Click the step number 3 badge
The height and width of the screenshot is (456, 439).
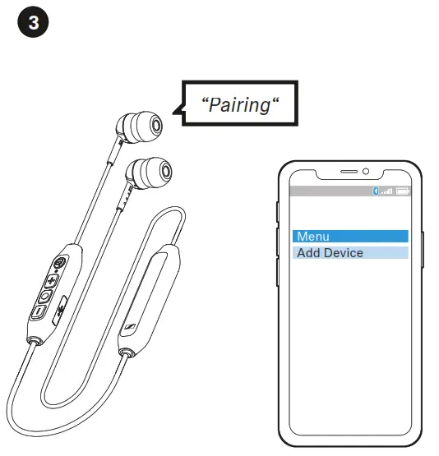point(33,22)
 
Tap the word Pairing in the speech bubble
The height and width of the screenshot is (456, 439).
point(240,105)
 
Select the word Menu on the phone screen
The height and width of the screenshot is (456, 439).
point(313,236)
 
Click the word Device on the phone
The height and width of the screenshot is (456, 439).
point(344,253)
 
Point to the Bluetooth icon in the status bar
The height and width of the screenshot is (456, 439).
point(376,191)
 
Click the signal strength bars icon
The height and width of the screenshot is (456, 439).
point(387,191)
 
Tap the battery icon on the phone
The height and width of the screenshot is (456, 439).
point(403,191)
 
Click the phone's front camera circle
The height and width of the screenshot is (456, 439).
point(366,171)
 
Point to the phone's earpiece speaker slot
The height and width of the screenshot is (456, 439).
point(349,172)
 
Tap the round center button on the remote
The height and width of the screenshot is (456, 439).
point(44,297)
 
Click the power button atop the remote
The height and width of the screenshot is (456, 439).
point(60,263)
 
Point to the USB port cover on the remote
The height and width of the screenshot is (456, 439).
point(60,311)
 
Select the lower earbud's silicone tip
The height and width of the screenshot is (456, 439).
point(153,173)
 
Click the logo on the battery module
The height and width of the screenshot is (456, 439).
point(130,326)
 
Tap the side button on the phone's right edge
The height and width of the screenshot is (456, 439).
point(423,250)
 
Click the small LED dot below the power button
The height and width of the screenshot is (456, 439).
point(56,271)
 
